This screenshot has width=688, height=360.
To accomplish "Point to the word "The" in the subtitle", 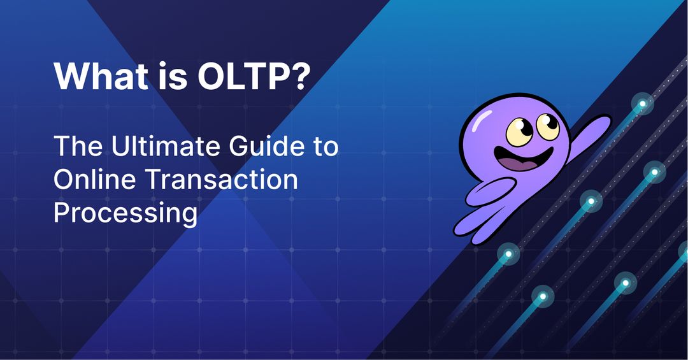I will coord(76,147).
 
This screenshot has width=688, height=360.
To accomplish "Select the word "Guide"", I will coord(266,147).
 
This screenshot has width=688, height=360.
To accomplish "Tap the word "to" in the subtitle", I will coord(325,148).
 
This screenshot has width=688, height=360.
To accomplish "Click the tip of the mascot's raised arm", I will coord(604,119).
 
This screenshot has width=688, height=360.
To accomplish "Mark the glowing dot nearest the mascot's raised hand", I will coord(643,103).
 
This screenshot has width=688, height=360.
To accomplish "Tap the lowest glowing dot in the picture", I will coord(542,296).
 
